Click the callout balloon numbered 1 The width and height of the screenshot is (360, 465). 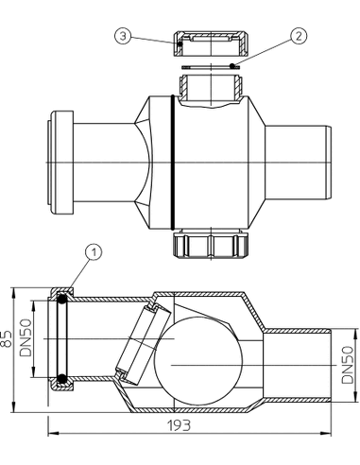(x=94, y=253)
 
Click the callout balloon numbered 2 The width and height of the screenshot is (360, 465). (x=299, y=35)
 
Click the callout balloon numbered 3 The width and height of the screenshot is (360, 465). (x=123, y=36)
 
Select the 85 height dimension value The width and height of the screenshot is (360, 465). (x=7, y=338)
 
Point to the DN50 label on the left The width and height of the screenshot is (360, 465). (x=26, y=337)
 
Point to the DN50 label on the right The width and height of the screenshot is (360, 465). (x=348, y=365)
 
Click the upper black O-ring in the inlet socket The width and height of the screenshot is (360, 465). (x=61, y=299)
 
